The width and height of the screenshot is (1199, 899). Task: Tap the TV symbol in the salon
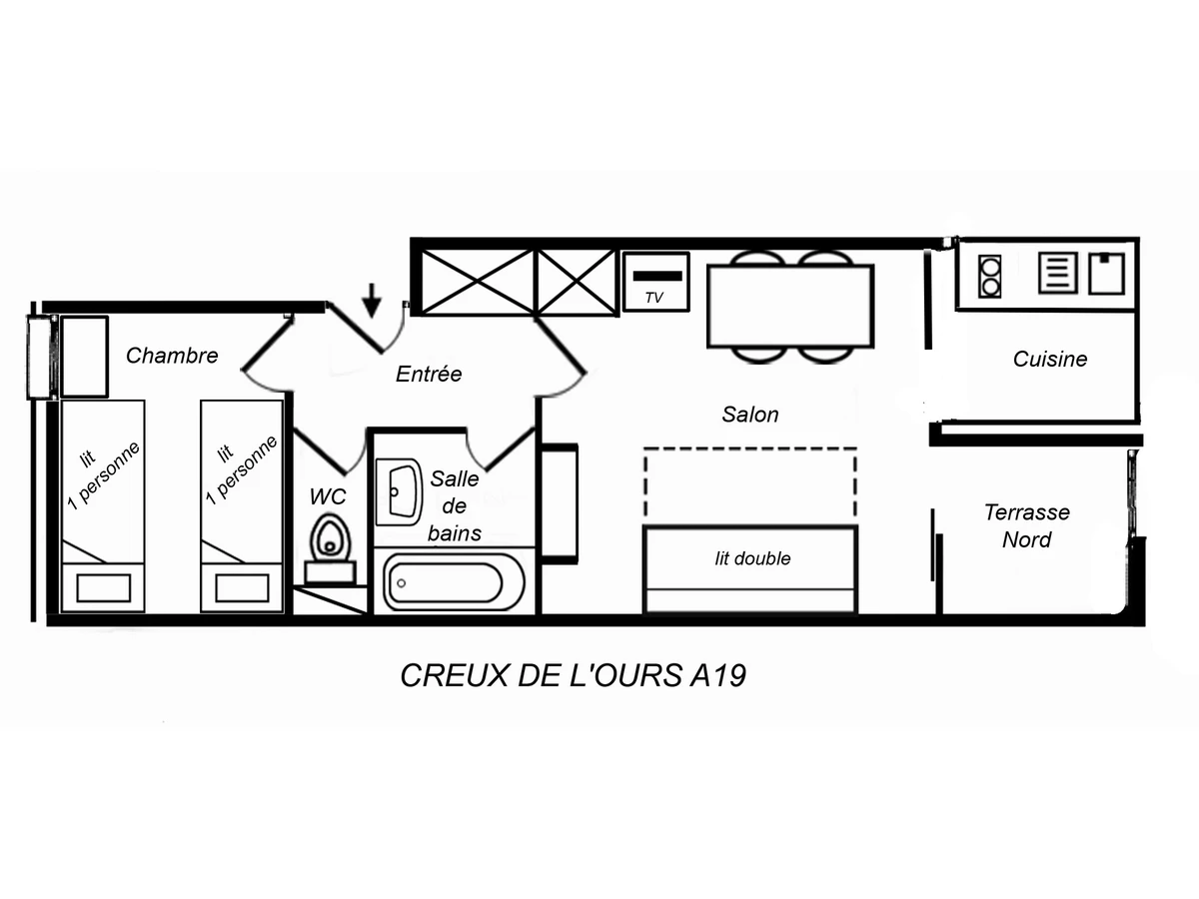pos(655,282)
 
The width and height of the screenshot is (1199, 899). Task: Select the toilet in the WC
pos(329,539)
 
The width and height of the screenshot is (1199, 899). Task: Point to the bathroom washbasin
pos(401,491)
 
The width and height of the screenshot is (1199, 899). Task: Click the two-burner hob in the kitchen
pos(990,275)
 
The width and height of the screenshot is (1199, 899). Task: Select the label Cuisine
pos(1050,359)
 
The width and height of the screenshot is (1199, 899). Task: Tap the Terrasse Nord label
pos(1027,525)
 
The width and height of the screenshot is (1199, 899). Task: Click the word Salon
pos(750,414)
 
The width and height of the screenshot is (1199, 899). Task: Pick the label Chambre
pos(172,355)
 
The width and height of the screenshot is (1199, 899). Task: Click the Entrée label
pos(429,375)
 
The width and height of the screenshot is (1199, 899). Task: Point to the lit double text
pos(752,558)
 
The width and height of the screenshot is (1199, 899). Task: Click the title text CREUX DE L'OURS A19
pos(574,676)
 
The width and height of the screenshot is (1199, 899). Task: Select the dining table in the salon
pos(790,306)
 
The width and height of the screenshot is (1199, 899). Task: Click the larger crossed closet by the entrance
pos(478,283)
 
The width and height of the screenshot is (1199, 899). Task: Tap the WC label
pos(327,495)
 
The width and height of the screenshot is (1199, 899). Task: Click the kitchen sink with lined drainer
pos(1057,273)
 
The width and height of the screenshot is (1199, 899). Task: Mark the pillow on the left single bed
pos(102,588)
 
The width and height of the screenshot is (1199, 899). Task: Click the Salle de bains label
pos(456,505)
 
